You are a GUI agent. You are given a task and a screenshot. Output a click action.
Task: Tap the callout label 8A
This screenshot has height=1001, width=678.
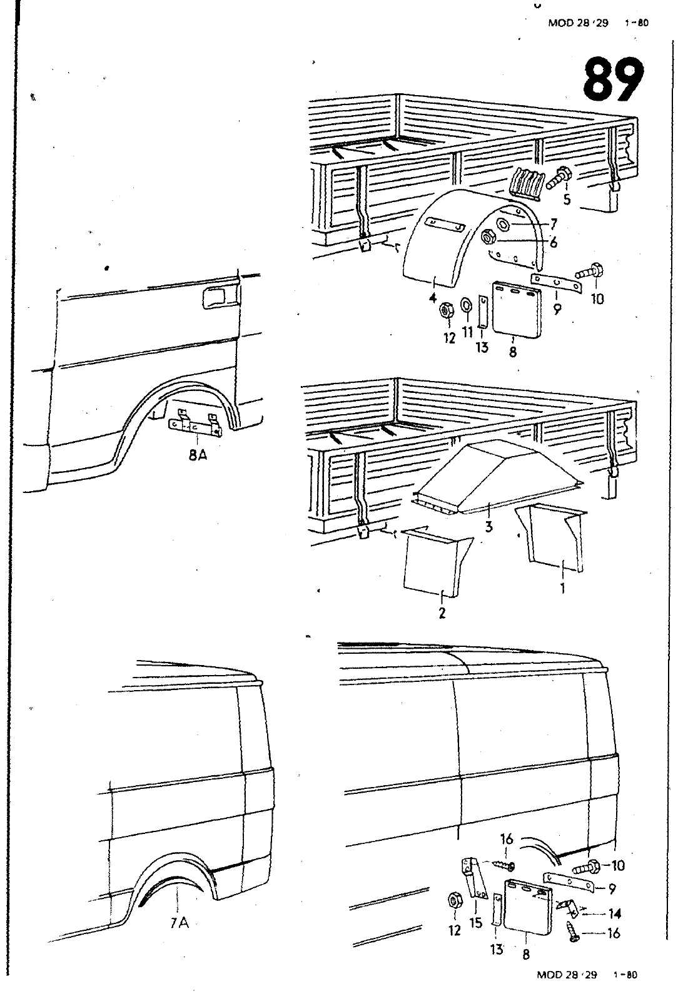[198, 455]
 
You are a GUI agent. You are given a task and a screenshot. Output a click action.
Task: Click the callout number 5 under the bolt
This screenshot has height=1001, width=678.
[567, 200]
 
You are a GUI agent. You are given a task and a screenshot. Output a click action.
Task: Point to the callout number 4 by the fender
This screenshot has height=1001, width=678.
[432, 299]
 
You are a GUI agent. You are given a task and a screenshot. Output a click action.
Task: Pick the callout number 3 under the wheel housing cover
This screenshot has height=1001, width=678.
[488, 527]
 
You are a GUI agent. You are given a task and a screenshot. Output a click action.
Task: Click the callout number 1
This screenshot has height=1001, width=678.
[562, 588]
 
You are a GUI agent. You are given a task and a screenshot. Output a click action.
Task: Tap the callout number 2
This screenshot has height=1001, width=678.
[442, 612]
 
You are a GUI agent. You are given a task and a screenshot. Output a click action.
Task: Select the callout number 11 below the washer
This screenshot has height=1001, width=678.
[467, 332]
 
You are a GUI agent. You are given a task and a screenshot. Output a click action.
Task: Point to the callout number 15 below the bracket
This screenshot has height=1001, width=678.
[477, 922]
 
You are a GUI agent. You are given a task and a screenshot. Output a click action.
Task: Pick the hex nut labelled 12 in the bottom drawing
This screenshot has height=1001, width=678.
[454, 902]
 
